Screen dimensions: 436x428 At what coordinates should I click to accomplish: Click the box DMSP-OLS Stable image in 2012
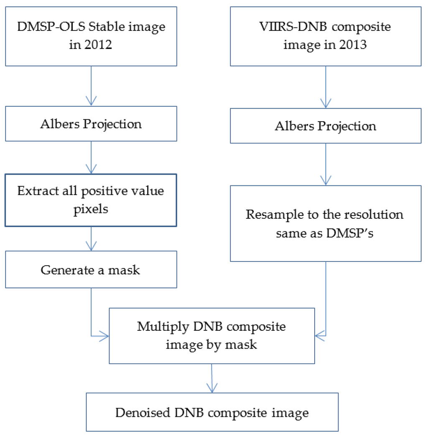click(x=91, y=36)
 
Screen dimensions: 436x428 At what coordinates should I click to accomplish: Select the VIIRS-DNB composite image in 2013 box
click(x=326, y=36)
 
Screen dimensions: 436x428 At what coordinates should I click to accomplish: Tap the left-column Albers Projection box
click(x=91, y=124)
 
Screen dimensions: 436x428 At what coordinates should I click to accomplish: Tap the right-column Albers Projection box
click(x=326, y=126)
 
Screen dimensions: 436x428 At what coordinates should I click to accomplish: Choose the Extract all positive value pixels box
click(x=91, y=200)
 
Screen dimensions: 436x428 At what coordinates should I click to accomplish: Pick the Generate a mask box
click(x=91, y=269)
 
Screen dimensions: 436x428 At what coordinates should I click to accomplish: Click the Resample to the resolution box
click(x=326, y=223)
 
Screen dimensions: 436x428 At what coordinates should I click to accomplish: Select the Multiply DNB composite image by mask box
click(x=211, y=335)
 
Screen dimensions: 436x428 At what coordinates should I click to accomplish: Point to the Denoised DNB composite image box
click(x=212, y=413)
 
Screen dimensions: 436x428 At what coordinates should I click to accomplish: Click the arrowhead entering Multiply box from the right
click(x=320, y=335)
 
